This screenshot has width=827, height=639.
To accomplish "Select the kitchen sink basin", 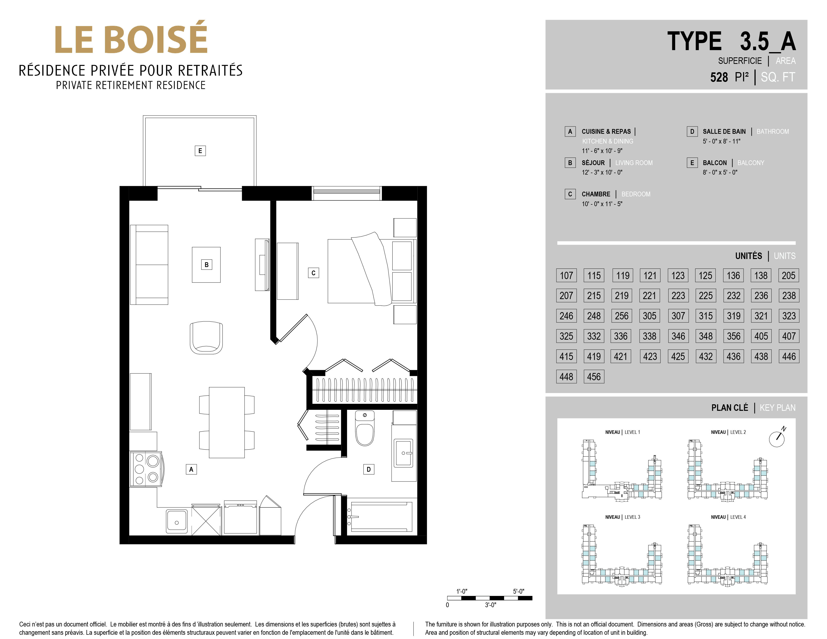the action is tap(176, 521).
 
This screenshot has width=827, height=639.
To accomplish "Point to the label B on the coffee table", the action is tap(206, 265).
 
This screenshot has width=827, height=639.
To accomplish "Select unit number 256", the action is tap(621, 316).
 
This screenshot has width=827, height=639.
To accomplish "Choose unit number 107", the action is tap(566, 275).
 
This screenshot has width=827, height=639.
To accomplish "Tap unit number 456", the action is tap(594, 377).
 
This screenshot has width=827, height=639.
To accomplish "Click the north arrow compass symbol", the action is tap(777, 438).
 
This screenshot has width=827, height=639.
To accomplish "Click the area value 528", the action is tap(719, 77).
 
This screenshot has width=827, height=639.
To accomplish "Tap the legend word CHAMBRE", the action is tap(596, 194).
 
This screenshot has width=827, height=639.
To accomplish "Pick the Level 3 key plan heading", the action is tap(623, 517).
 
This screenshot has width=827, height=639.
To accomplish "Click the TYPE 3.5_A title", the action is tap(731, 41).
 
